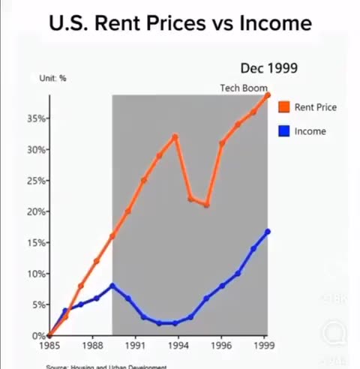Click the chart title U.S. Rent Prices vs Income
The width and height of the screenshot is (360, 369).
[x=180, y=23]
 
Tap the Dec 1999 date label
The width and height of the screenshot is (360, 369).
[x=269, y=68]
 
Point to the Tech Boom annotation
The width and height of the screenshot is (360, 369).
[x=244, y=88]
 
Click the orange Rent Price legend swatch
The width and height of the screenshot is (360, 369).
[x=284, y=107]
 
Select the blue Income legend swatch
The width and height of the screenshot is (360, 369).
[x=284, y=131]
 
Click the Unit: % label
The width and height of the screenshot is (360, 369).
[x=53, y=78]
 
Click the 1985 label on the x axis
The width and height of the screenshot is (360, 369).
[x=49, y=347]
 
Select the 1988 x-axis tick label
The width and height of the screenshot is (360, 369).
[x=92, y=347]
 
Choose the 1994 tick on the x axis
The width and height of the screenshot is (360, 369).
[x=178, y=347]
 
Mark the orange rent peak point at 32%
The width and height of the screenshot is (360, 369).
[x=175, y=136]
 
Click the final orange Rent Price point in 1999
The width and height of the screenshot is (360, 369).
[x=268, y=94]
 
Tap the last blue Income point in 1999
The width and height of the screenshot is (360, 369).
[x=268, y=232]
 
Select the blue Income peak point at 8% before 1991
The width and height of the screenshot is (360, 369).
[x=112, y=286]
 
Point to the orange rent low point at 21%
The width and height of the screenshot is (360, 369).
[x=206, y=205]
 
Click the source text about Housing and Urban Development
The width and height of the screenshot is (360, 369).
[x=105, y=366]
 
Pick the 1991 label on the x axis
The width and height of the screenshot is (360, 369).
[x=135, y=347]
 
